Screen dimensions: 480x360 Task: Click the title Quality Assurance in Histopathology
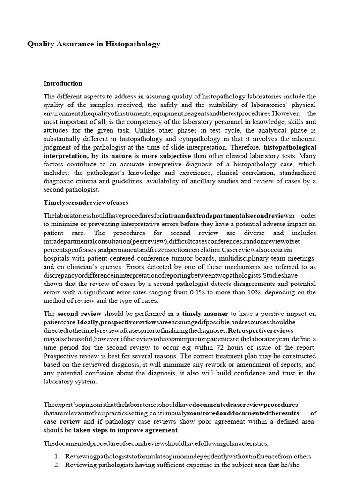(x=94, y=45)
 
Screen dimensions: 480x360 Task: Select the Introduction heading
(x=63, y=84)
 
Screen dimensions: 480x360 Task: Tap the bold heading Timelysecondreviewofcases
(x=86, y=203)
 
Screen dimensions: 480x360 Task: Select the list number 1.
(x=57, y=456)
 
